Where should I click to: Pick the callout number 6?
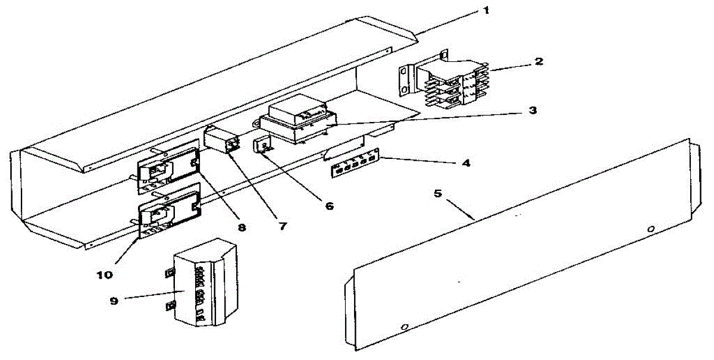coord(328,206)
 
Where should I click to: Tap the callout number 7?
coord(282,227)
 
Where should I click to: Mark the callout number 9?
coord(114,300)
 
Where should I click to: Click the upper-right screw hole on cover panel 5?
coord(651,229)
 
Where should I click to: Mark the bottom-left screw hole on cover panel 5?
coord(405,327)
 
